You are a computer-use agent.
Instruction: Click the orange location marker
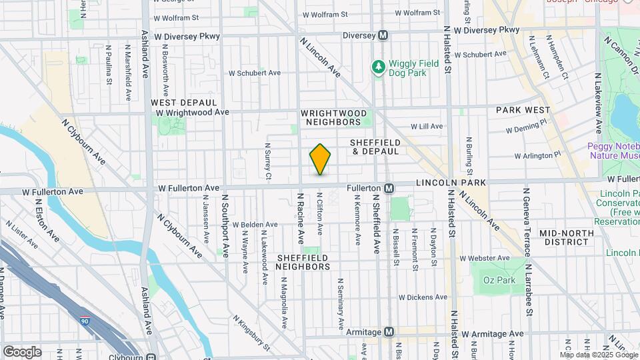point(321,159)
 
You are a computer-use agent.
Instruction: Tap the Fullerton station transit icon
point(389,189)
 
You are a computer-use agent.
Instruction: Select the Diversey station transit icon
point(383,35)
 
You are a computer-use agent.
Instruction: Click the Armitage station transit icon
point(389,332)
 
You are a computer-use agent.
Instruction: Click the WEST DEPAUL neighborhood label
point(184,103)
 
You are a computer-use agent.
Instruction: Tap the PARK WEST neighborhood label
point(523,110)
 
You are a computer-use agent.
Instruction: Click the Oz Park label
point(499,280)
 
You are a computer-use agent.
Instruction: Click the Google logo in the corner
point(21,351)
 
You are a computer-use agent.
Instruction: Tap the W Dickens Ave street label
point(423,297)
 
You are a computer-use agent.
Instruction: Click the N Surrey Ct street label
point(268,161)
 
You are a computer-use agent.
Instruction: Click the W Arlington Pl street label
point(538,155)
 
